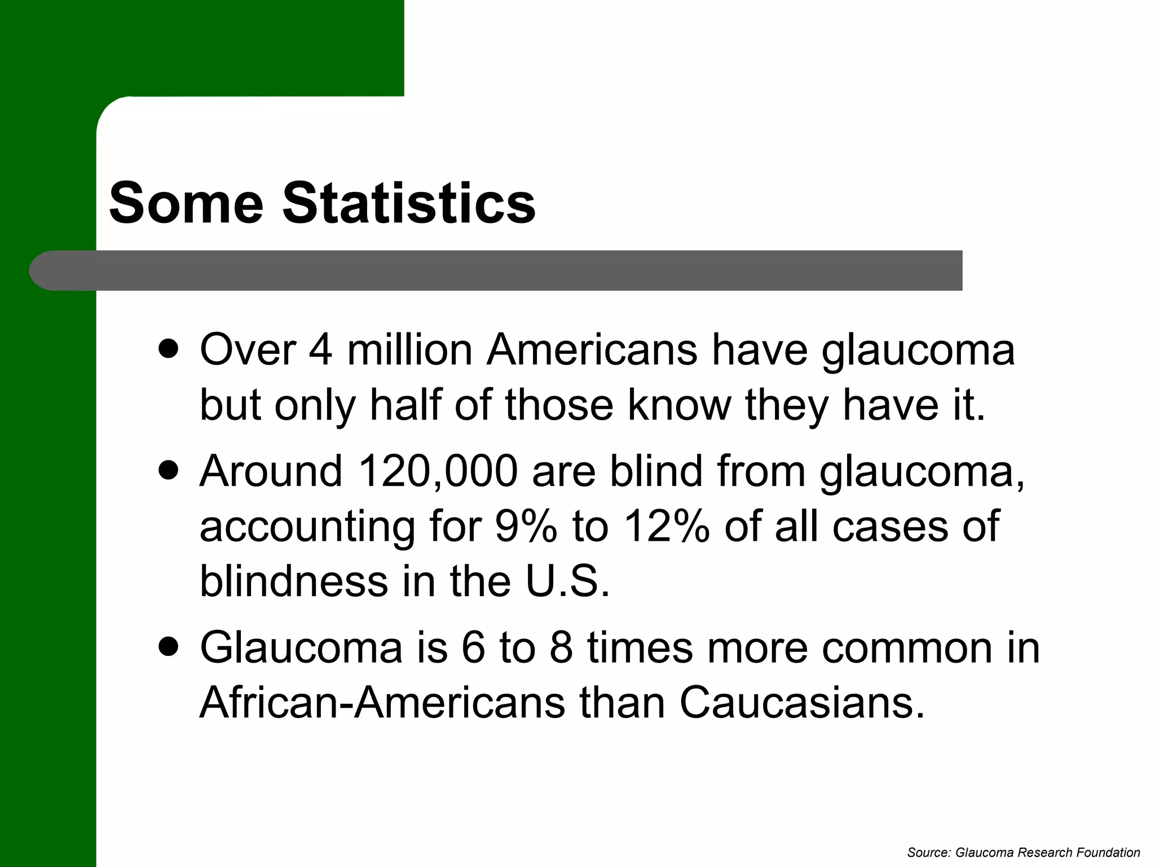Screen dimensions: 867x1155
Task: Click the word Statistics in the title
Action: (x=409, y=203)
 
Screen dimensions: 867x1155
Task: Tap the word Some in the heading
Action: (x=186, y=203)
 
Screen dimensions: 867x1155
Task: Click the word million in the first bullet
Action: (x=409, y=349)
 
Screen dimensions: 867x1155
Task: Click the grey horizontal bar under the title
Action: (x=508, y=270)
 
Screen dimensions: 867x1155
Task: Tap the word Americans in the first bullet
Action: (x=592, y=349)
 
